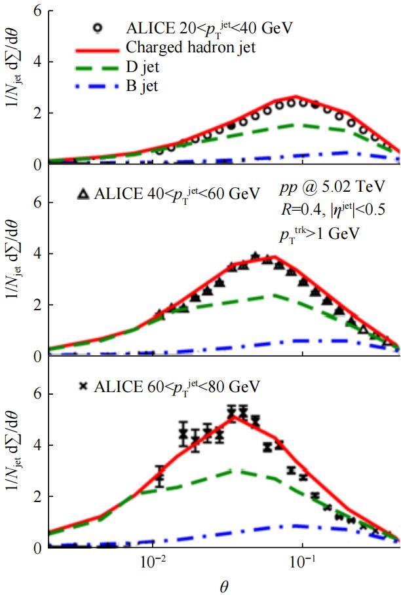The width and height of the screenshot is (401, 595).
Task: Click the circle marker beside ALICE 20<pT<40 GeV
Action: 99,28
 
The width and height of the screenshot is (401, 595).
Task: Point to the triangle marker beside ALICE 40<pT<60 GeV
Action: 83,194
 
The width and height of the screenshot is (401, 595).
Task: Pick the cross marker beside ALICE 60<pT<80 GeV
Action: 83,387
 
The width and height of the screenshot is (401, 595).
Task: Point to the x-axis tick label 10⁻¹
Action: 302,560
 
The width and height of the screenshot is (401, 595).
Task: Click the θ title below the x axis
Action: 224,585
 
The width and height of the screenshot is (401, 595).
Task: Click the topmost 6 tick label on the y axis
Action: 37,12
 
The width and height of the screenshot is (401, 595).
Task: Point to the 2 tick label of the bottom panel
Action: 37,497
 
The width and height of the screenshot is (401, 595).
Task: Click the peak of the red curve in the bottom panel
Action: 231,416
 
